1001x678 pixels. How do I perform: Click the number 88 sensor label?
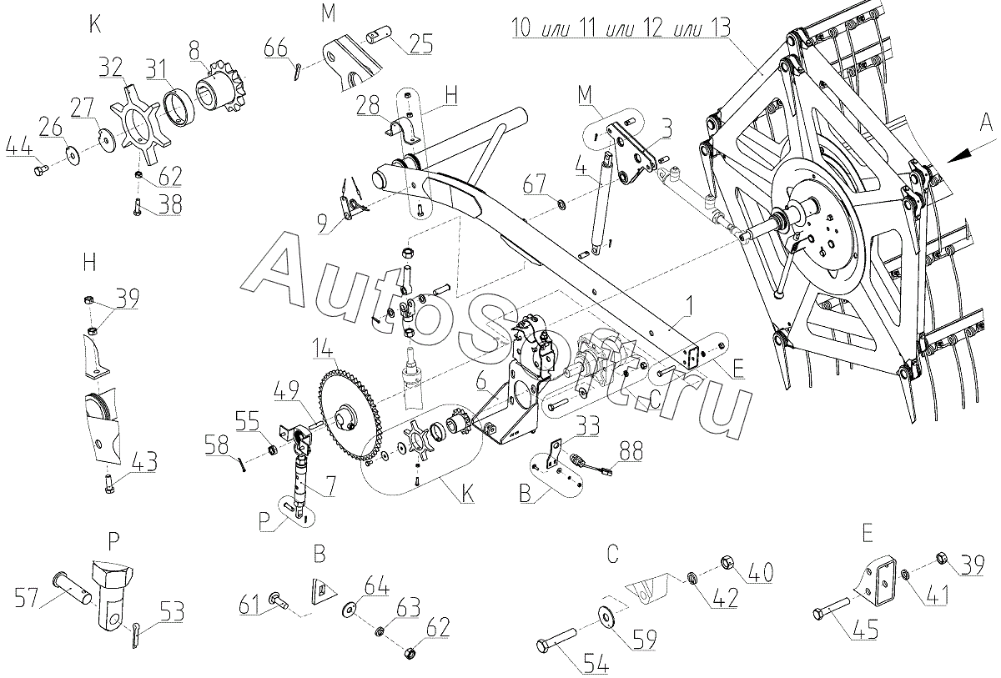(631, 450)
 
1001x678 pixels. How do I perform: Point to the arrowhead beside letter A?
(959, 154)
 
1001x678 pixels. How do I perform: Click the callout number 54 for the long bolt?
(596, 663)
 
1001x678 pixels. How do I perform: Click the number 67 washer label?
(535, 183)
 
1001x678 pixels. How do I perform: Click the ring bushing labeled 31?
(179, 109)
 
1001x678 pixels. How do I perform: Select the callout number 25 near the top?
(421, 43)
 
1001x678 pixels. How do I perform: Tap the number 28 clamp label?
(368, 107)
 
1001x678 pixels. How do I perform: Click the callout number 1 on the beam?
(690, 307)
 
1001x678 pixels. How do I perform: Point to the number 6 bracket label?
(480, 382)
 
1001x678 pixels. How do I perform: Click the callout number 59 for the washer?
(644, 639)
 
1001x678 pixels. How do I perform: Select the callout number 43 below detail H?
(145, 462)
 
